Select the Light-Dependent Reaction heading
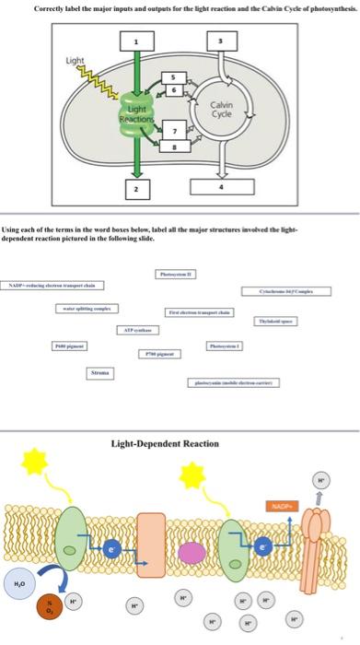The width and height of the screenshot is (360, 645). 165,443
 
